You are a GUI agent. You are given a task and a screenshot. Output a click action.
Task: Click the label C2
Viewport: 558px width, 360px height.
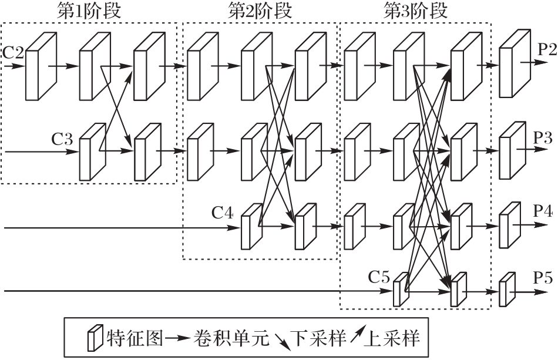[13, 53]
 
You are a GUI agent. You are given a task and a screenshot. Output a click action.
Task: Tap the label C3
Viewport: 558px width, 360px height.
[62, 139]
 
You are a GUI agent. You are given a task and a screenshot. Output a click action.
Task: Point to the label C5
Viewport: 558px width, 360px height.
[379, 276]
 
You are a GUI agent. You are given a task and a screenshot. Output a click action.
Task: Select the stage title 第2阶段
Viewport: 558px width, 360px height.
[260, 11]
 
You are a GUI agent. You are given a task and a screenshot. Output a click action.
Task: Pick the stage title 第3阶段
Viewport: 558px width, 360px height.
[415, 11]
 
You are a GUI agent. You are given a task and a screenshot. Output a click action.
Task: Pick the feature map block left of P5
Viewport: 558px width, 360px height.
[505, 289]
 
